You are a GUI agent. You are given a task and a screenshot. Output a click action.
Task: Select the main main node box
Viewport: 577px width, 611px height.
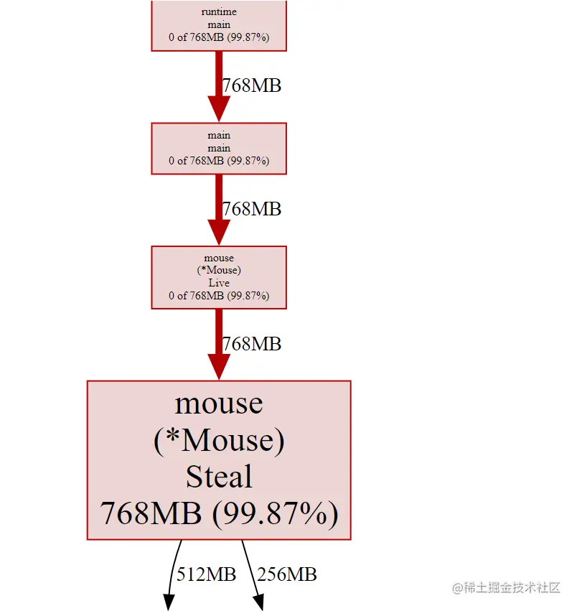point(219,148)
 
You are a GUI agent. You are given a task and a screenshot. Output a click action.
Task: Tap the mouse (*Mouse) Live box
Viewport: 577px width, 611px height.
point(219,277)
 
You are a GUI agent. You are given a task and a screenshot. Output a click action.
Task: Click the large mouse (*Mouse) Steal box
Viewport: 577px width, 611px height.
point(219,460)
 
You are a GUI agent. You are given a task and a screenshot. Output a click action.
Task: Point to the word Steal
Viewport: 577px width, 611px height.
point(219,477)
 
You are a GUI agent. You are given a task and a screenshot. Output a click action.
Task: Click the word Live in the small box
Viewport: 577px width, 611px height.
point(219,283)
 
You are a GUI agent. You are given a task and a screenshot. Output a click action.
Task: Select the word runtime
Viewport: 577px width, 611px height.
point(219,12)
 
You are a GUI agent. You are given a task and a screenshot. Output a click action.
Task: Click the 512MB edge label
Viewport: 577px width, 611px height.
point(206,574)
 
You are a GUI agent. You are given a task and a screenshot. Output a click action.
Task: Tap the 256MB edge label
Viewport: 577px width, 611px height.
point(286,574)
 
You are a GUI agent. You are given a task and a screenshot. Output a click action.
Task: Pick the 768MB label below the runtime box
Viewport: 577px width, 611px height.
point(251,86)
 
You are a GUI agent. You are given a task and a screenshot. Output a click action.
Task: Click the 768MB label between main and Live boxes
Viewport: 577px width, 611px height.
point(251,210)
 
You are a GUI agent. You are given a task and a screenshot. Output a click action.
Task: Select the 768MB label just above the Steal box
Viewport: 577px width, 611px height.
point(251,345)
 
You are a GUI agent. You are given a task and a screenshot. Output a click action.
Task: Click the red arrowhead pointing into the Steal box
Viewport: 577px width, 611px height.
point(219,366)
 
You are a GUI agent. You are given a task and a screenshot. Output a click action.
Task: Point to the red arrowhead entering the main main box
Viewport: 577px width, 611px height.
point(219,109)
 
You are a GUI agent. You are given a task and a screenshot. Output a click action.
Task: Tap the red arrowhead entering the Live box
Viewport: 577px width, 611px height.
point(219,233)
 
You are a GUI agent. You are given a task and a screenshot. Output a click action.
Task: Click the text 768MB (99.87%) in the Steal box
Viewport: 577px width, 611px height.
point(219,514)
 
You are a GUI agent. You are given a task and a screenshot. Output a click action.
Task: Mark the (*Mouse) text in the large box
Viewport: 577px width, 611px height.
point(219,439)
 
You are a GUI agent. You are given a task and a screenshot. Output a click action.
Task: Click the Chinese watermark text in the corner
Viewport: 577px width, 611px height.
point(506,587)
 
